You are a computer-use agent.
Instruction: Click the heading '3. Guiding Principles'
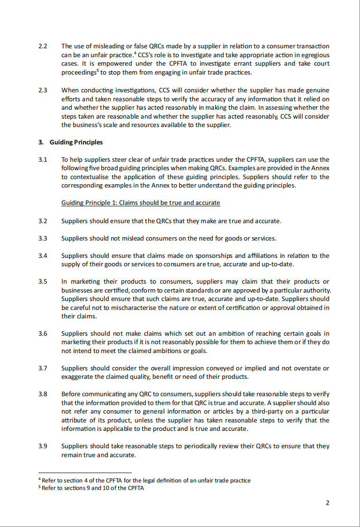71,142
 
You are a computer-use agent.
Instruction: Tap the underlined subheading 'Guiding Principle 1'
141,203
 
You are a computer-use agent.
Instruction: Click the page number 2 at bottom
328,503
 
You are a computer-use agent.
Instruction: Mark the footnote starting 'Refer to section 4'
145,480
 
